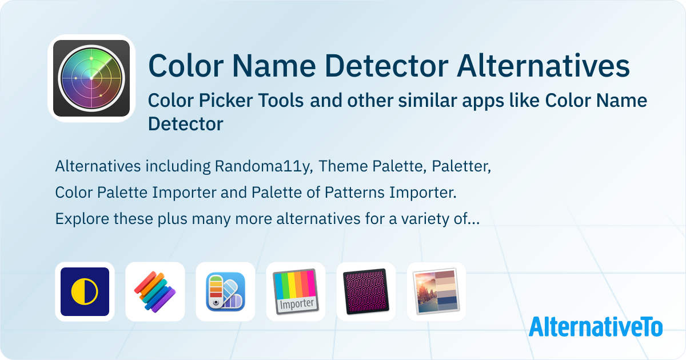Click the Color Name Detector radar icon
pyautogui.click(x=91, y=78)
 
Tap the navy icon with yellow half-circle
pyautogui.click(x=85, y=291)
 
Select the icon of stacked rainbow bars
pyautogui.click(x=155, y=292)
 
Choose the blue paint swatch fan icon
pyautogui.click(x=225, y=292)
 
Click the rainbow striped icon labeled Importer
pyautogui.click(x=296, y=292)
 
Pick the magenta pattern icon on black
pyautogui.click(x=366, y=292)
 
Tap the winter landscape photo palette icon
pyautogui.click(x=436, y=292)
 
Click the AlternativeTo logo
pyautogui.click(x=596, y=327)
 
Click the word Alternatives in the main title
pyautogui.click(x=543, y=66)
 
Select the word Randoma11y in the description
pyautogui.click(x=264, y=166)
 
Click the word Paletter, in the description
pyautogui.click(x=461, y=166)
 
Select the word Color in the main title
pyautogui.click(x=186, y=66)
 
